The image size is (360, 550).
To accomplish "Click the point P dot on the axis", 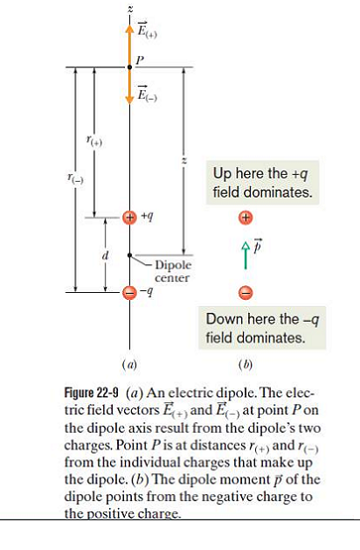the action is [129, 67].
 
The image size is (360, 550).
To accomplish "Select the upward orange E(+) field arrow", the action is [129, 45].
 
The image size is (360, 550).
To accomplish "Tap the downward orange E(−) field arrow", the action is [129, 86].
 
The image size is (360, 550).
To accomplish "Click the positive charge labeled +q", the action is [129, 217].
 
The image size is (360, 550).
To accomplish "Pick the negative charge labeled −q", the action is [129, 292].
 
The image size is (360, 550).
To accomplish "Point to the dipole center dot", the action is [129, 255].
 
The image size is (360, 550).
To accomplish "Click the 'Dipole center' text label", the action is [173, 271].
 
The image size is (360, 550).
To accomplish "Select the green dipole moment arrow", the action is [246, 256].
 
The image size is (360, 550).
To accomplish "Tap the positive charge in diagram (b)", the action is [246, 218].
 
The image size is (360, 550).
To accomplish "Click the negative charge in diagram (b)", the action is [246, 292].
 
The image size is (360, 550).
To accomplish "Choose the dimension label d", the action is [105, 255].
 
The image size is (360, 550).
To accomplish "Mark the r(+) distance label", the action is [94, 141].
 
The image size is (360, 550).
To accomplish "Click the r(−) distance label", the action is [75, 179].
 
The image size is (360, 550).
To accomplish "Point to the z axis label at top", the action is [130, 9].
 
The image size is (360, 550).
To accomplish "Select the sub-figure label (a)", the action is [129, 365].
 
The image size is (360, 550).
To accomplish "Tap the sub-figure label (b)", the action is [245, 365].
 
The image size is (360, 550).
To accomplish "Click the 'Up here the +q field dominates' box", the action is [262, 183].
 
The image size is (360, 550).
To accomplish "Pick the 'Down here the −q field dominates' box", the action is [262, 328].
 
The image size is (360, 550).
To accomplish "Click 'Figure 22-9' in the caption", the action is [91, 393].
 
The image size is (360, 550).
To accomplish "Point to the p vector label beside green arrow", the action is [258, 245].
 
